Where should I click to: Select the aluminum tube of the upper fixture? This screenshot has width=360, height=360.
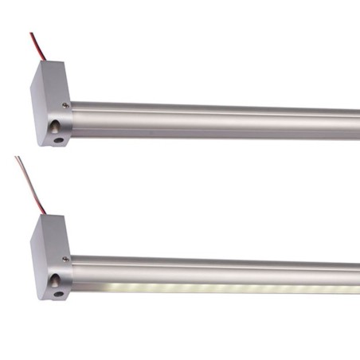[x=215, y=118]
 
